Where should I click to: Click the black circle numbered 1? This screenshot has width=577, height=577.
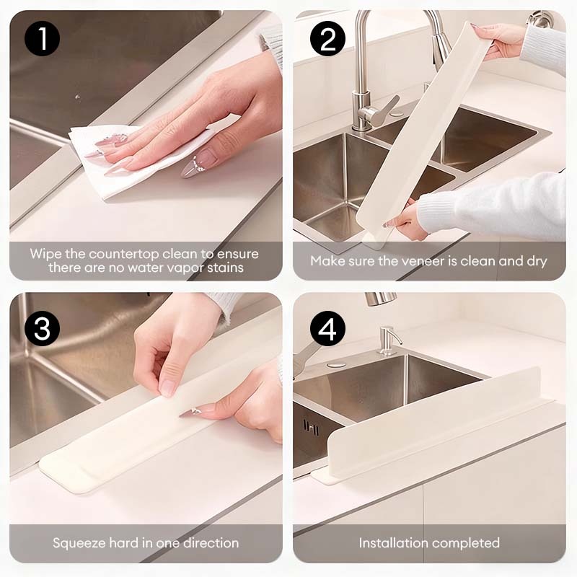[43, 39]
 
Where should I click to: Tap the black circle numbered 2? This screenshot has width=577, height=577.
[327, 39]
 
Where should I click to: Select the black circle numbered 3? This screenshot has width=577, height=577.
[43, 328]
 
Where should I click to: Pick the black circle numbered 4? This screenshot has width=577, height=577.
[327, 328]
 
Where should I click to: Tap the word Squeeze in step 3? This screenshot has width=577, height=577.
[79, 544]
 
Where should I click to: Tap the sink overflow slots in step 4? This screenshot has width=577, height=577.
[311, 428]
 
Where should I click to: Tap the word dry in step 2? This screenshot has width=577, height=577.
[537, 262]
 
